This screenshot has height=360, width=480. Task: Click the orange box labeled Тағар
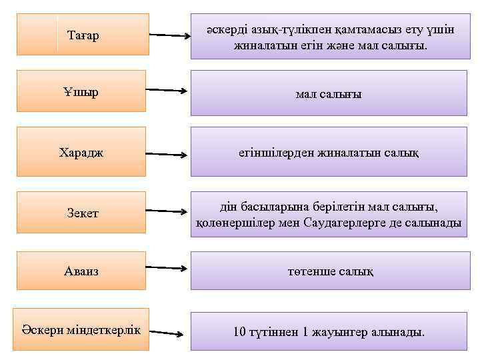tap(83, 34)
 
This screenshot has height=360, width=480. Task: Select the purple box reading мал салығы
tap(328, 92)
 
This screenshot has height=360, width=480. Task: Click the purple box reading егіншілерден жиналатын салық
tap(328, 152)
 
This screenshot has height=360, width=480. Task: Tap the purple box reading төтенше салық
tap(328, 271)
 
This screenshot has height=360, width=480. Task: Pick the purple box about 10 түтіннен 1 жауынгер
tap(328, 331)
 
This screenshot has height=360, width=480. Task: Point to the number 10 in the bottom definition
tap(239, 331)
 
